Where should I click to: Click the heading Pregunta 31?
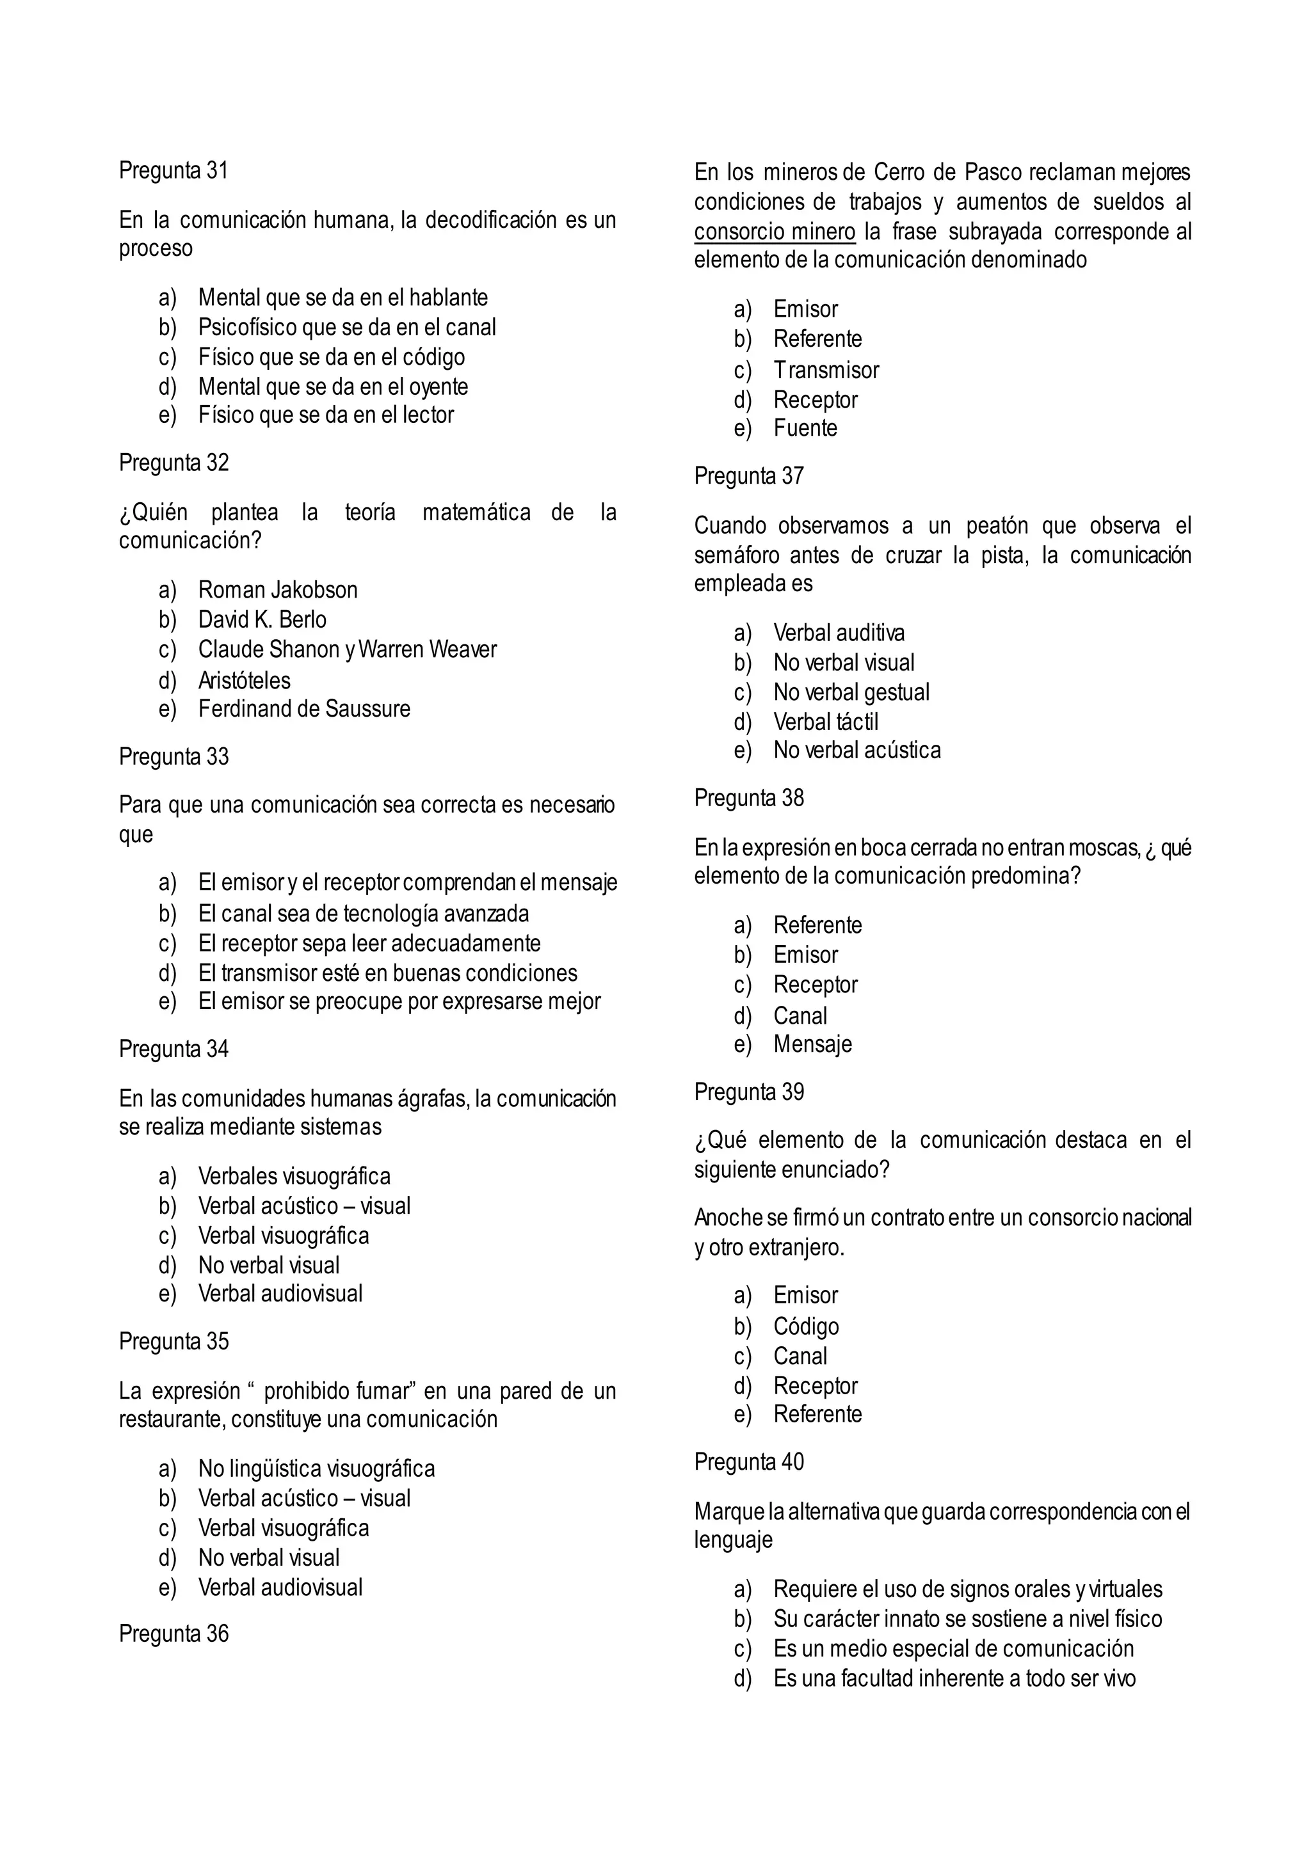click(173, 170)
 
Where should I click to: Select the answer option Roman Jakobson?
click(278, 590)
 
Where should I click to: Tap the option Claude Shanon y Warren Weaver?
click(347, 649)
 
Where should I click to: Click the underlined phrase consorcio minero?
click(774, 232)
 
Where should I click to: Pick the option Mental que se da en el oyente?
click(333, 386)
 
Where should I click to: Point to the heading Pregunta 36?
click(173, 1634)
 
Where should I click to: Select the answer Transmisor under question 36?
click(826, 370)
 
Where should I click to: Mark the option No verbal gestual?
click(851, 692)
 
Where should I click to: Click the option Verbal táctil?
click(825, 722)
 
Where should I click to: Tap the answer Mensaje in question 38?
click(812, 1044)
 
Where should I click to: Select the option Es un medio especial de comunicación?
click(953, 1648)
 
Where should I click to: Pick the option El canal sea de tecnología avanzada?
click(363, 914)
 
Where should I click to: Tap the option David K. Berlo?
click(262, 620)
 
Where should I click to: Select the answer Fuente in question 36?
click(805, 428)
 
